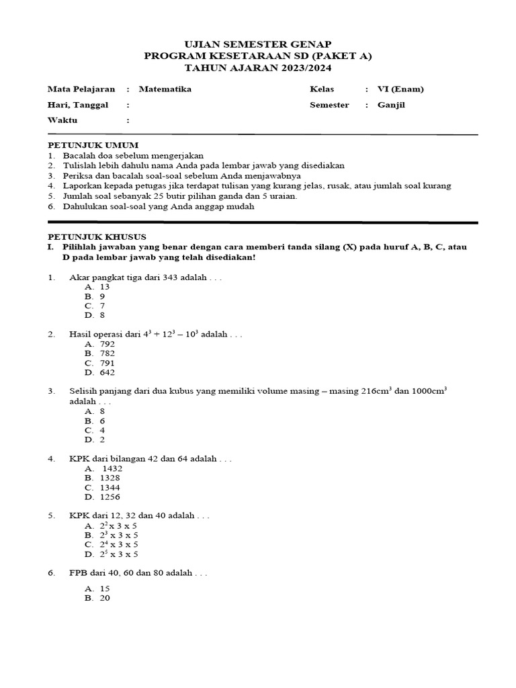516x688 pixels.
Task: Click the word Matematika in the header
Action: click(165, 89)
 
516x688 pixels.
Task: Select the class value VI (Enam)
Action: click(400, 89)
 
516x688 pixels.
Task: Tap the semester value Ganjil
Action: click(392, 105)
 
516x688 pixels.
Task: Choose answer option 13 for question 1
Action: click(104, 287)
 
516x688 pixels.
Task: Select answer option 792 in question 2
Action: click(107, 343)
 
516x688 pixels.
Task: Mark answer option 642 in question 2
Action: click(107, 372)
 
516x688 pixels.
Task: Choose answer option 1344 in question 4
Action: click(110, 487)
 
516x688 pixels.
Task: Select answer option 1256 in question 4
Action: click(110, 497)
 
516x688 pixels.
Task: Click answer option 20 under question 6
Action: click(104, 597)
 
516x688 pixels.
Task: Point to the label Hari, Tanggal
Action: click(78, 105)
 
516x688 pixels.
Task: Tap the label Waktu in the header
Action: click(62, 120)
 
